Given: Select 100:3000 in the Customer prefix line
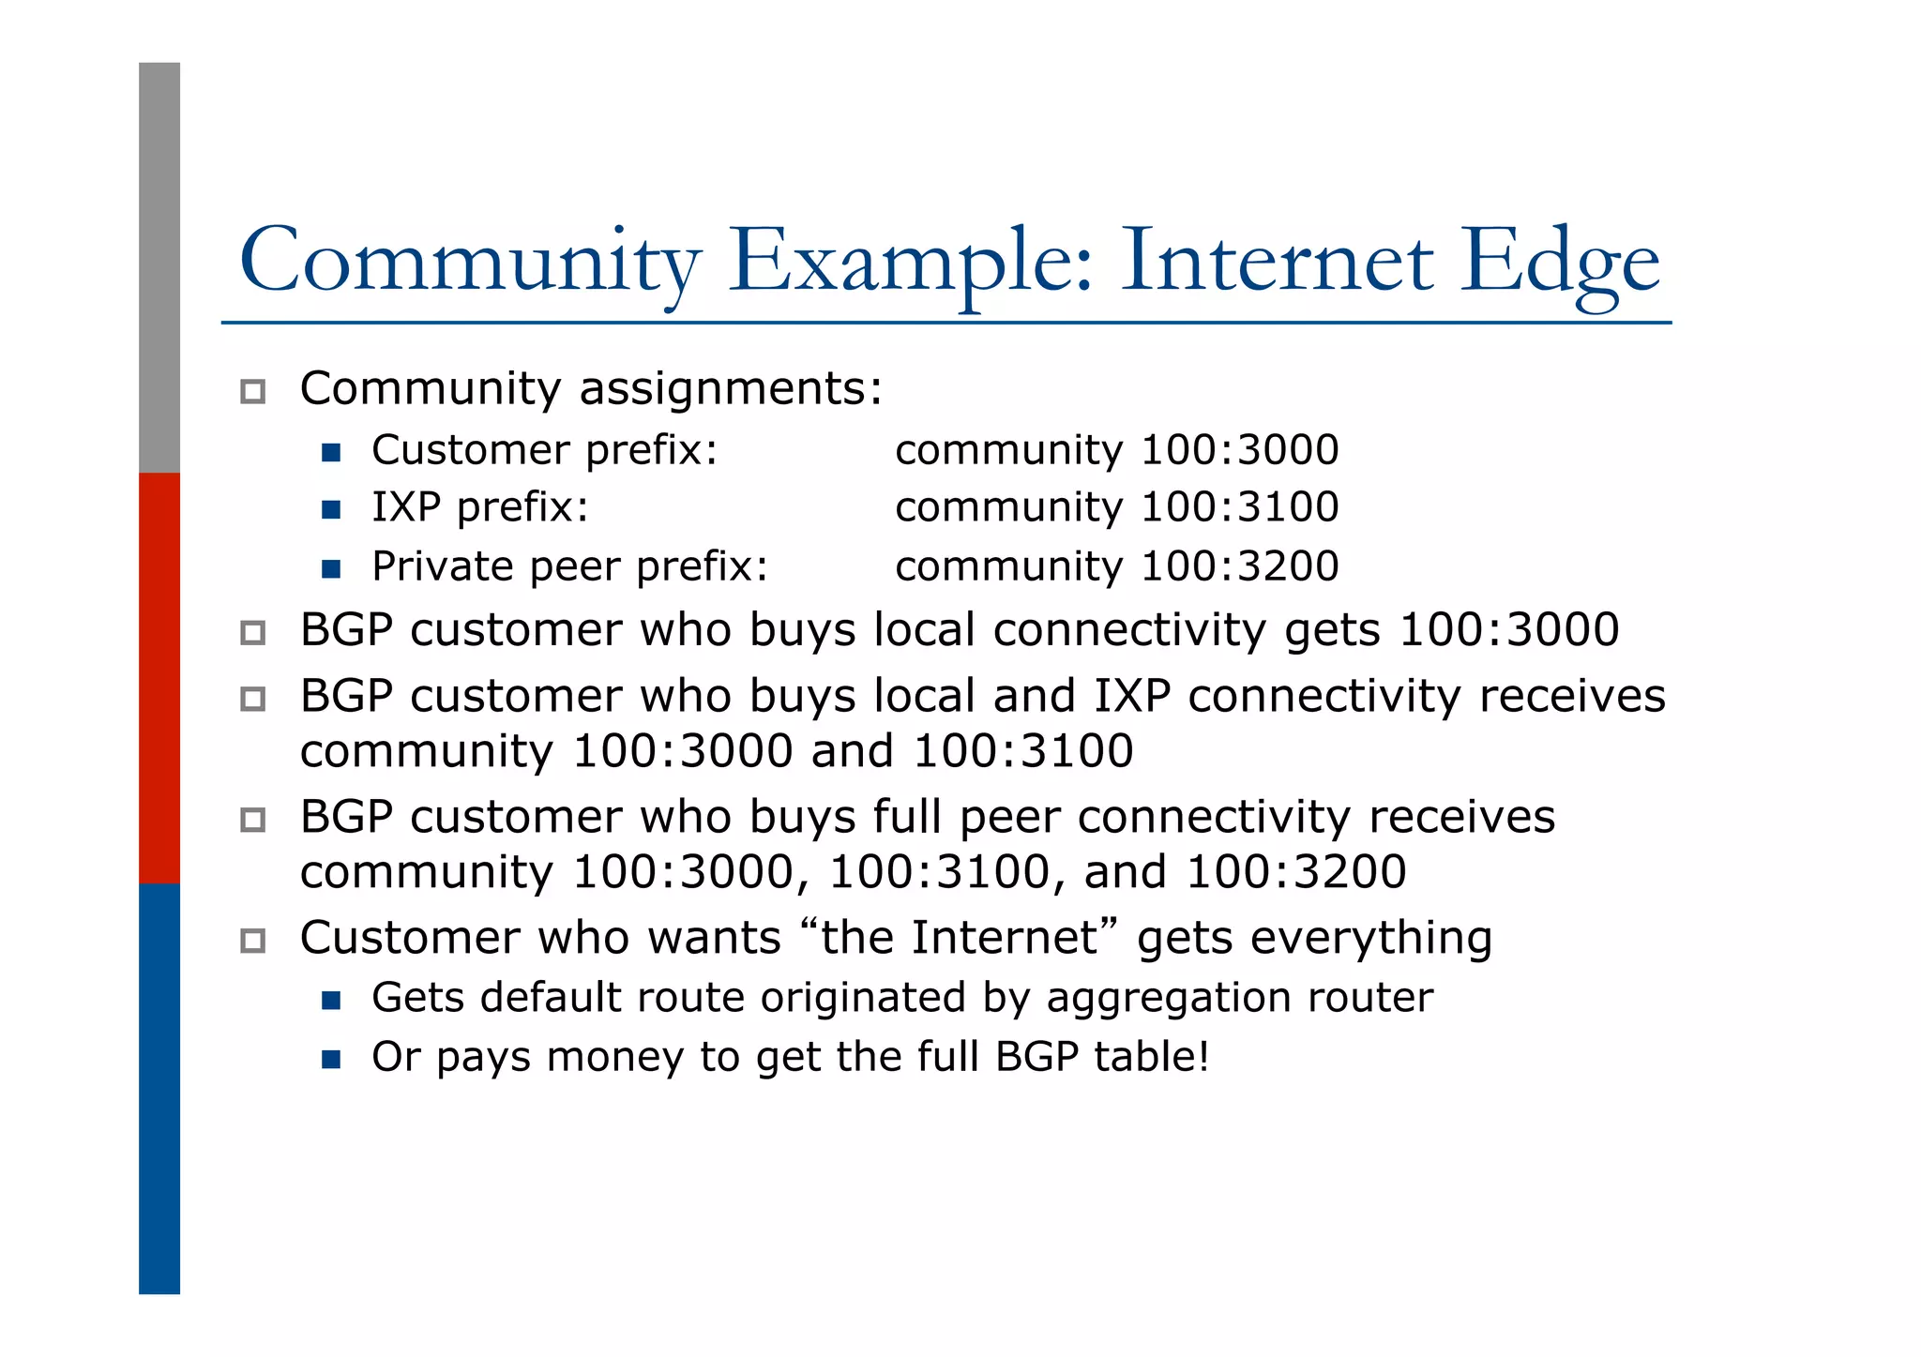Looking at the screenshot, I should pyautogui.click(x=1240, y=450).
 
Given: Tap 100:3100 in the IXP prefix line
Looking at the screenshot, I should pyautogui.click(x=1240, y=507).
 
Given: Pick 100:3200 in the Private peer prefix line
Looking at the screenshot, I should pyautogui.click(x=1240, y=566).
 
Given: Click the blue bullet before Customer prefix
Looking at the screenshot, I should pyautogui.click(x=330, y=453).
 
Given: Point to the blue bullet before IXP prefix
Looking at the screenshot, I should pyautogui.click(x=330, y=510).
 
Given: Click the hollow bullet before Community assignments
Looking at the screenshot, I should pyautogui.click(x=252, y=391).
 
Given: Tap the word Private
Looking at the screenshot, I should pyautogui.click(x=443, y=566).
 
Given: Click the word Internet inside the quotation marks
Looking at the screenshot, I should pyautogui.click(x=1004, y=938).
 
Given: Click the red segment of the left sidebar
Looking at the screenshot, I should pyautogui.click(x=159, y=677).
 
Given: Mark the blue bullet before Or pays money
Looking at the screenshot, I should pyautogui.click(x=330, y=1060).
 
